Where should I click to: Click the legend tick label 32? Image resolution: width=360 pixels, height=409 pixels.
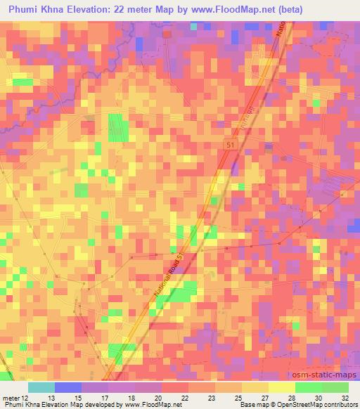tap(345, 397)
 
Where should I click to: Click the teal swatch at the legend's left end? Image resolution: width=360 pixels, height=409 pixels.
tap(41, 387)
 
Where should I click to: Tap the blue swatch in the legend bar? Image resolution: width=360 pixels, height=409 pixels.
tap(67, 387)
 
